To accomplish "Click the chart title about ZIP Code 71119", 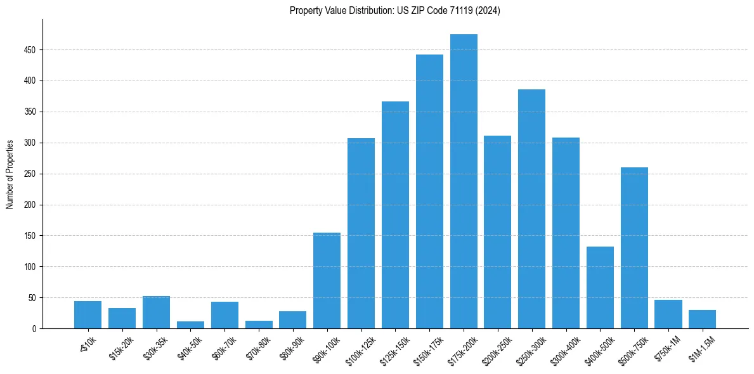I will coord(394,11).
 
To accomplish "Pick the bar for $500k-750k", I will coord(634,248).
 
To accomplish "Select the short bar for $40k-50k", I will coord(190,325).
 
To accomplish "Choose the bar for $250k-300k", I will coord(531,209).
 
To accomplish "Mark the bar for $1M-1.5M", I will coord(702,319).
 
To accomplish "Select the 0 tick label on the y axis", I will coord(34,328).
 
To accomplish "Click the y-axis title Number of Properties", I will coord(10,174).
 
